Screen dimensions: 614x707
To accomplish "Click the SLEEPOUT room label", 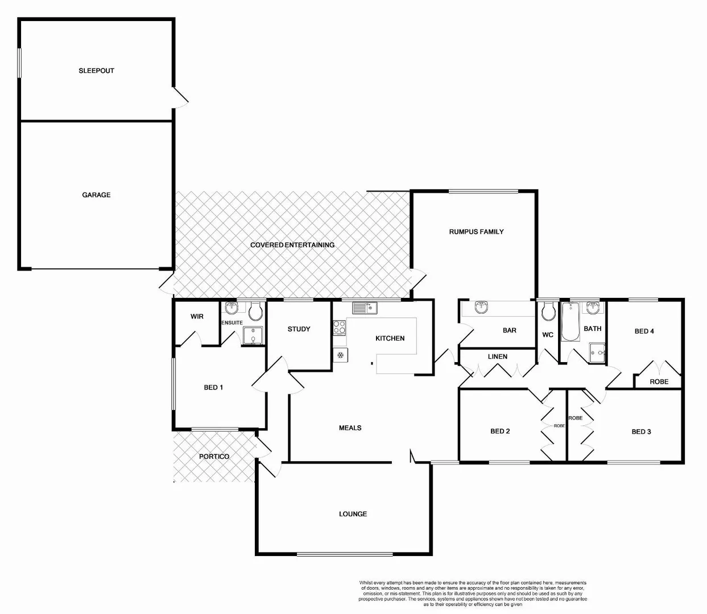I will [96, 70].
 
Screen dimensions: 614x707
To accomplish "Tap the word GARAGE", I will [96, 194].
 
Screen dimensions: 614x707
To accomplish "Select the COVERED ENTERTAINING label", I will [292, 244].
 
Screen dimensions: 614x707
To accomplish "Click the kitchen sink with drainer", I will [364, 308].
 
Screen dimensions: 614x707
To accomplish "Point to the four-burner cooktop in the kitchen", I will [340, 327].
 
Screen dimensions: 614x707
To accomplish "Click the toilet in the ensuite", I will [255, 310].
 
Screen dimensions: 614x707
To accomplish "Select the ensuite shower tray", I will [253, 336].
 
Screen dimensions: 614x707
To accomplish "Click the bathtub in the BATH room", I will [570, 321].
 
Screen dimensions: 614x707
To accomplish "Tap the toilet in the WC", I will [548, 311].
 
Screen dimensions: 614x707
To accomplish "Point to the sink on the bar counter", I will [482, 308].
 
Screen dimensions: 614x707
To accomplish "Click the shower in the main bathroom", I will [597, 352].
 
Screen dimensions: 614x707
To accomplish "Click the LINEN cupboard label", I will [497, 356].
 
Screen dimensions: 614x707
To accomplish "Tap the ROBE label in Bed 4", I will [659, 381].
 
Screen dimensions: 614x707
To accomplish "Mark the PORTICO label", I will [214, 457].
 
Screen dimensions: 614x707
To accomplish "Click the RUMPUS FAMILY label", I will [476, 231].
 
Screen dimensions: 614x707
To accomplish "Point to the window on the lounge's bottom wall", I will [344, 554].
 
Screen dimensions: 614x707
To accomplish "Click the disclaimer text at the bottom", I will [473, 594].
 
